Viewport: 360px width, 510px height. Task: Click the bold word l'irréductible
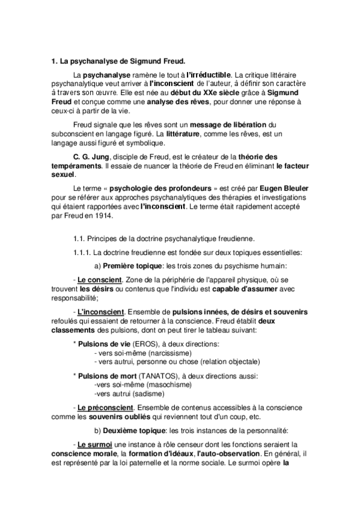click(204, 73)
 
